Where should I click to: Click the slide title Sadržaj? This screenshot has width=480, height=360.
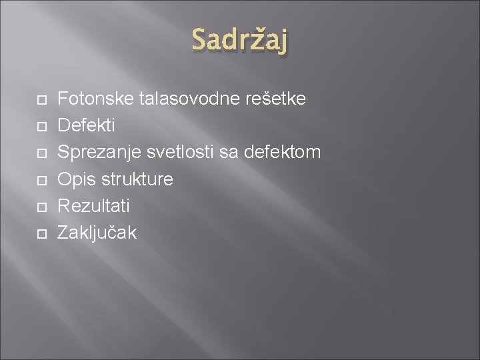(x=241, y=41)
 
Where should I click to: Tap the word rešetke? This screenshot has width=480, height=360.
(x=276, y=99)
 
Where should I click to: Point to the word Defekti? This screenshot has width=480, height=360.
(x=86, y=126)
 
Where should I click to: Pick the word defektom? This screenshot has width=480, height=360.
(x=283, y=153)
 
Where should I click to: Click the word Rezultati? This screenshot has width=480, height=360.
(x=93, y=206)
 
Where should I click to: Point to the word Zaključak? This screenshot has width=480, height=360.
(x=97, y=233)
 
